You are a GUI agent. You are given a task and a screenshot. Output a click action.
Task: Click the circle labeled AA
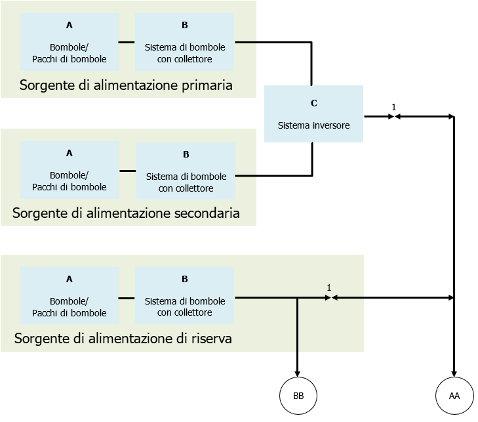[454, 396]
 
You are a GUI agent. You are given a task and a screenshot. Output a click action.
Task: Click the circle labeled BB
[298, 396]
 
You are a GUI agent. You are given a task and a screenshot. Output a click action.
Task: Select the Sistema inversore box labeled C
[313, 114]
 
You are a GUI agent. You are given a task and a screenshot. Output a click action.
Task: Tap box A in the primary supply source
[70, 42]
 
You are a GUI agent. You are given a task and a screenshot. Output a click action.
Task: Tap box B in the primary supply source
[184, 42]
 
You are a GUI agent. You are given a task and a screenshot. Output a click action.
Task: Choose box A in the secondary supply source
[70, 170]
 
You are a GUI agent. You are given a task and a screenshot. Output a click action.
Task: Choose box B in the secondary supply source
[186, 171]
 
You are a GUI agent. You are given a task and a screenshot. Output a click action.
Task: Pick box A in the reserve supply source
[70, 295]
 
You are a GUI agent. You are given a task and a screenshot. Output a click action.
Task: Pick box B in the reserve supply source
[184, 295]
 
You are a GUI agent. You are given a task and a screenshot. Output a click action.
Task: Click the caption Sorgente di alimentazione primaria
[126, 85]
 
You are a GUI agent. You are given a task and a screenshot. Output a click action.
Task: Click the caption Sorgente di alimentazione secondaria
[126, 213]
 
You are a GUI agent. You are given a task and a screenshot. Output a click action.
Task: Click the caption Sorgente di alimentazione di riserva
[123, 339]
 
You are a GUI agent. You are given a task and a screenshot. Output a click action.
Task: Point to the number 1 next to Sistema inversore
[393, 107]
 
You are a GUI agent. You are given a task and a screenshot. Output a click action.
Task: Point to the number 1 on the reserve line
[329, 287]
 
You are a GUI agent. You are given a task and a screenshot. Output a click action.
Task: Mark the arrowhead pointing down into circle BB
[298, 374]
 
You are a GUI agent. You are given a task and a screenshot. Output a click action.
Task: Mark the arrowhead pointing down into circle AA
[454, 374]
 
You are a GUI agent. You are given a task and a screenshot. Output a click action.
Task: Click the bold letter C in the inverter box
[313, 103]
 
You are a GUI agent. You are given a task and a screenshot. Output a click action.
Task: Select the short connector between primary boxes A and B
[127, 43]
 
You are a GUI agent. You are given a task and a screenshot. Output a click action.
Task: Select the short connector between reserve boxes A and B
[127, 297]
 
